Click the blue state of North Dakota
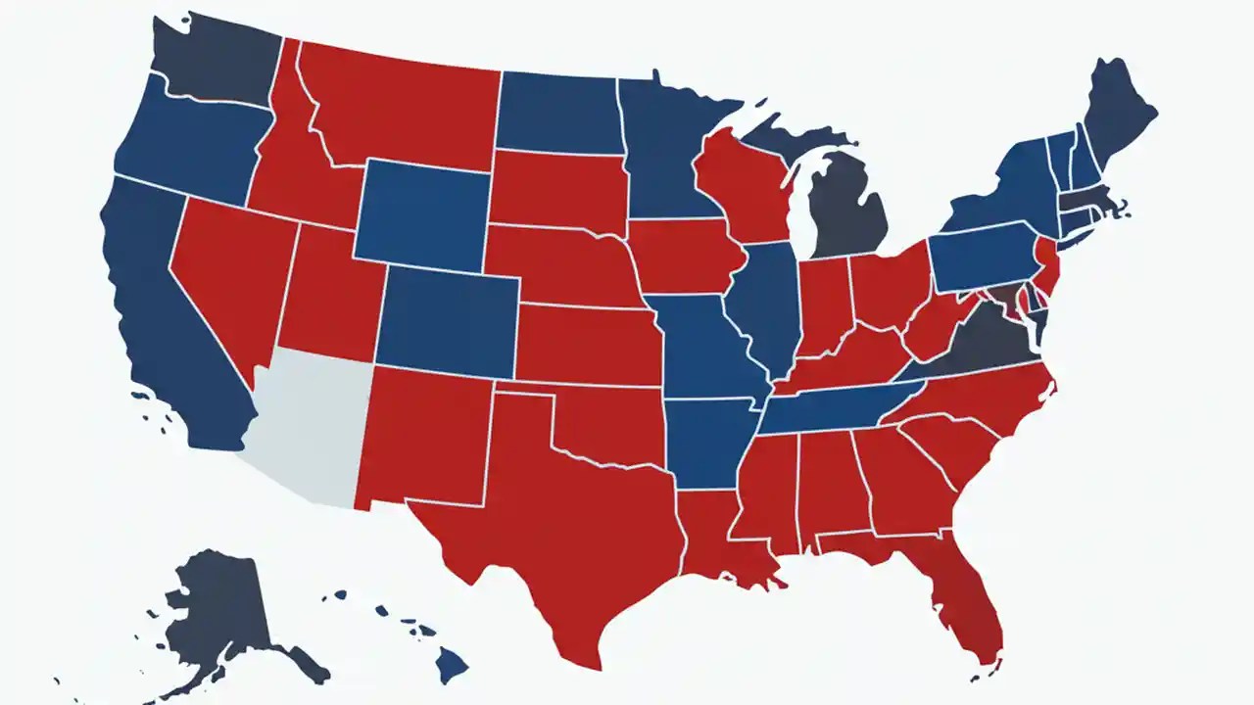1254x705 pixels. tap(558, 113)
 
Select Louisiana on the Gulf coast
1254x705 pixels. tap(720, 539)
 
